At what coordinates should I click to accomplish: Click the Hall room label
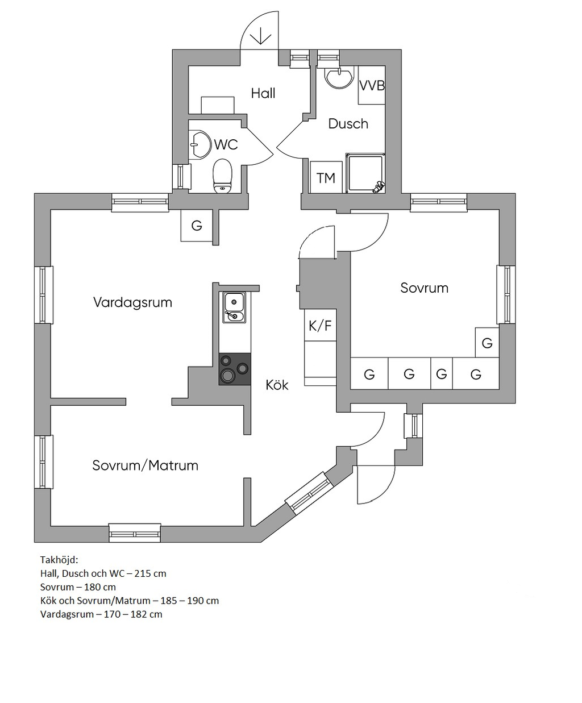(263, 93)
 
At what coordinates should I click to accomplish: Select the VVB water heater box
(372, 85)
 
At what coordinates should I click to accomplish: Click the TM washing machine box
(326, 177)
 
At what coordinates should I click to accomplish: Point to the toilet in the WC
(223, 176)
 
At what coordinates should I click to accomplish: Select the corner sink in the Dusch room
(339, 77)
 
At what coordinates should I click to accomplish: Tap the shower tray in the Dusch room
(365, 173)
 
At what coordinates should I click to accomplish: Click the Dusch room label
(348, 124)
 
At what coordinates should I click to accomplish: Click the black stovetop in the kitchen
(235, 369)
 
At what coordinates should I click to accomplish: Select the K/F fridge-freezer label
(321, 326)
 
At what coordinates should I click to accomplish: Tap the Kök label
(277, 385)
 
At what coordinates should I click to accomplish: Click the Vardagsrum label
(132, 302)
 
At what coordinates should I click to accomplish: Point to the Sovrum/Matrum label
(145, 465)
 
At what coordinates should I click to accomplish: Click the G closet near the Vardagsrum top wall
(197, 225)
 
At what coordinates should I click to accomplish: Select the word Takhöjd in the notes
(59, 560)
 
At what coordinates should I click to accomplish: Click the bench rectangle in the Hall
(218, 105)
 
